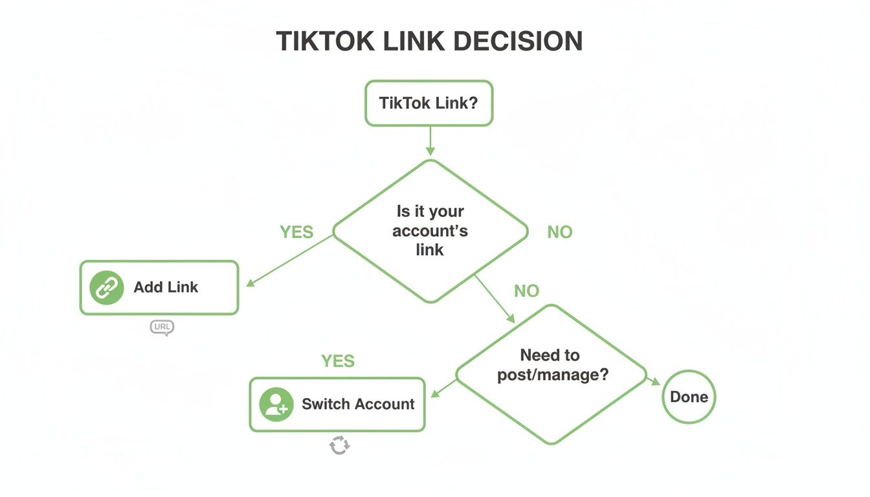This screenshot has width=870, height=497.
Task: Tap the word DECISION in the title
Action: [517, 41]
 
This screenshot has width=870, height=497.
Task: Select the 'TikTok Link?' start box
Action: [429, 103]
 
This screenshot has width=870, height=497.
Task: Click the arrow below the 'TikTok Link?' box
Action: [430, 141]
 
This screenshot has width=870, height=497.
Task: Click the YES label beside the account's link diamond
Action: [296, 232]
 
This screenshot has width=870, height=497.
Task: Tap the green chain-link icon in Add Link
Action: [106, 288]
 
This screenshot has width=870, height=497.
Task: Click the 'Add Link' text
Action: [166, 287]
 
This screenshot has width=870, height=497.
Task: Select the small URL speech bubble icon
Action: [162, 327]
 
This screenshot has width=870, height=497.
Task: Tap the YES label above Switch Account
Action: [338, 361]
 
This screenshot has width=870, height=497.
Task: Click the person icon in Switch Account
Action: [276, 404]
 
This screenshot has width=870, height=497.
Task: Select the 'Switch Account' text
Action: [358, 404]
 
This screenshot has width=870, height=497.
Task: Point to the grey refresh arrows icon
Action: [339, 445]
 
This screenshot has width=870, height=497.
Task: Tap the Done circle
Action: [689, 397]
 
